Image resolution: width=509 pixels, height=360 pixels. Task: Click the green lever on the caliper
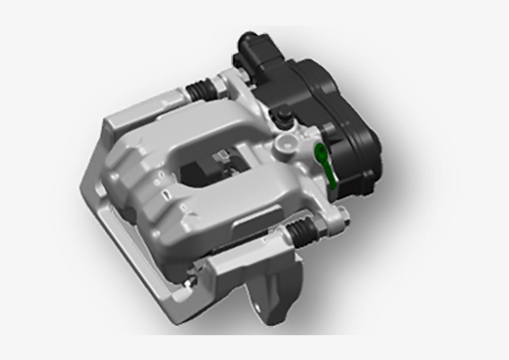pos(327,164)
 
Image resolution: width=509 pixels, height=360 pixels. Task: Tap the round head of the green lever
pos(320,150)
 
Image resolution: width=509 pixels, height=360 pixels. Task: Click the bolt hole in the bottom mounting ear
pos(256,307)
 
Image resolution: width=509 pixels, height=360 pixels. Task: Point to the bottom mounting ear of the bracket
pos(273,292)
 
